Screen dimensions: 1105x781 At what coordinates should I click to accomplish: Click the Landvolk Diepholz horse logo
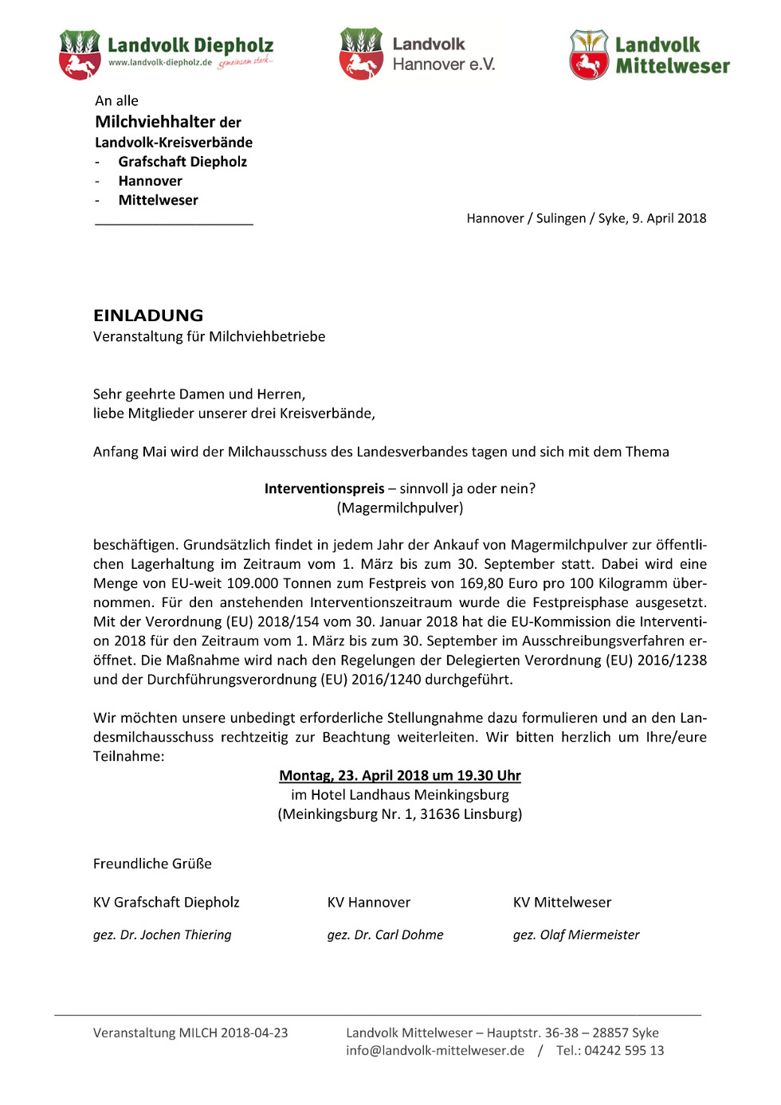pyautogui.click(x=80, y=54)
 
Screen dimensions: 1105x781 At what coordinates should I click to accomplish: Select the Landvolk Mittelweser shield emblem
pyautogui.click(x=589, y=54)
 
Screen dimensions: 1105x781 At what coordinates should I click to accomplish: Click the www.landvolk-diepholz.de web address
pyautogui.click(x=160, y=62)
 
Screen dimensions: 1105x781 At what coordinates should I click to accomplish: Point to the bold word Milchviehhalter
pyautogui.click(x=155, y=122)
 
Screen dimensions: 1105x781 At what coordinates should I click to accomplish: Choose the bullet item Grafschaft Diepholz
pyautogui.click(x=182, y=162)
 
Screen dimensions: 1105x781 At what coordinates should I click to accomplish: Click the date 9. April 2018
pyautogui.click(x=669, y=218)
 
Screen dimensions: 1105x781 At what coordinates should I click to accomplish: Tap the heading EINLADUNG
pyautogui.click(x=148, y=315)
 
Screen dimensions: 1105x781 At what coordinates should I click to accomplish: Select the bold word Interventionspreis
pyautogui.click(x=324, y=488)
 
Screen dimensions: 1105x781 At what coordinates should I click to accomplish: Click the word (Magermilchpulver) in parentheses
pyautogui.click(x=400, y=507)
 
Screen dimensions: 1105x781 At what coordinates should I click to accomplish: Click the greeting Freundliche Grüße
pyautogui.click(x=152, y=864)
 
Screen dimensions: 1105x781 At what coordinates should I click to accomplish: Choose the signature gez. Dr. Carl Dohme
pyautogui.click(x=385, y=935)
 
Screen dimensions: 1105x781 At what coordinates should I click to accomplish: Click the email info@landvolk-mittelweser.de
pyautogui.click(x=435, y=1050)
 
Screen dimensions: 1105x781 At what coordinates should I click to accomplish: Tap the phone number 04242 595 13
pyautogui.click(x=624, y=1050)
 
